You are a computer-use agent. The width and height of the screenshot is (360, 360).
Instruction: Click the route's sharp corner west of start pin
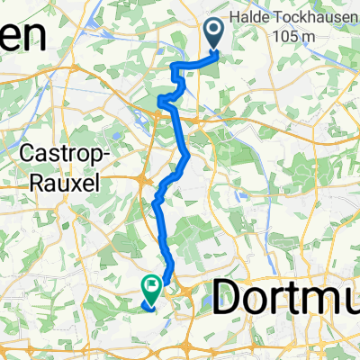pos(172,63)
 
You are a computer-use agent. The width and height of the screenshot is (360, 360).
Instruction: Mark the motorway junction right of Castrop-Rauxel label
pos(143,181)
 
